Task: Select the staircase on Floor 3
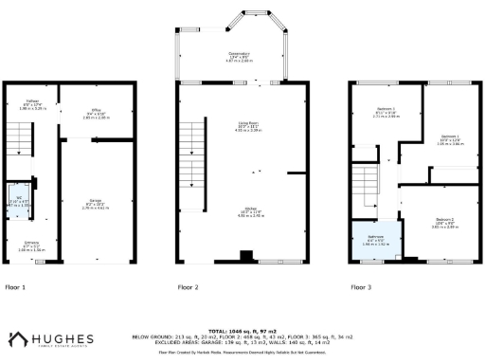(x=367, y=185)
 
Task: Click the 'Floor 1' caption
(x=16, y=285)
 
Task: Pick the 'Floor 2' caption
(x=189, y=285)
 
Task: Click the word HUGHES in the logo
(x=63, y=337)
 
